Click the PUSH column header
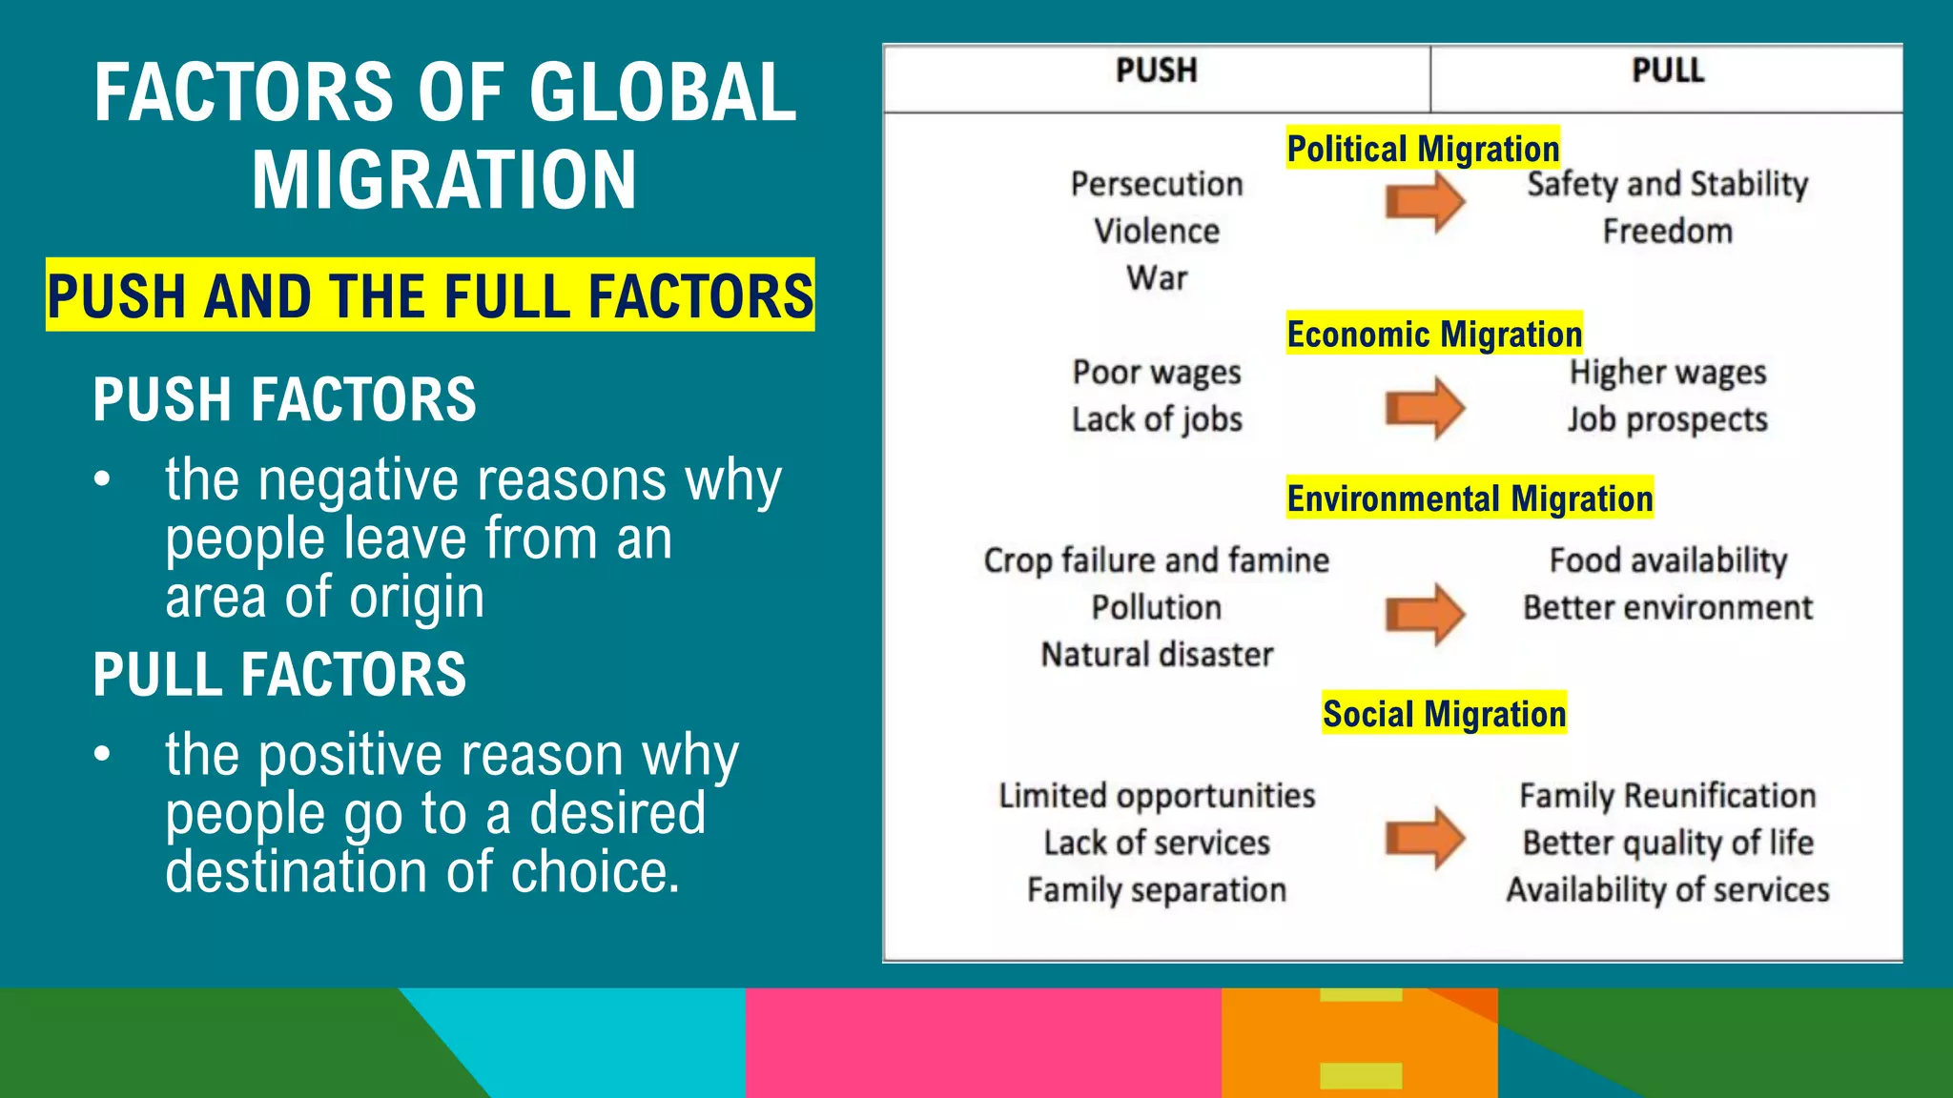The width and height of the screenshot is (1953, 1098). click(1156, 71)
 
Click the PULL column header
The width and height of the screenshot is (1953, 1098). click(1667, 71)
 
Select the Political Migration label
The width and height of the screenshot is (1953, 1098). click(1423, 149)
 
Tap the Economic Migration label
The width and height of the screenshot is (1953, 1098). click(1434, 334)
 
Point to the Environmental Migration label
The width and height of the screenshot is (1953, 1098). click(1470, 498)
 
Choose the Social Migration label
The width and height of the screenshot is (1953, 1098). click(1444, 713)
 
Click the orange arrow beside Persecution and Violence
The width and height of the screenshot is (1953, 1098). click(1425, 201)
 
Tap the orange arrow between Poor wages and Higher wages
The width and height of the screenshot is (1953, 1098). click(1425, 408)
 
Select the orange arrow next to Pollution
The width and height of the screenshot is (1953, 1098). click(1425, 614)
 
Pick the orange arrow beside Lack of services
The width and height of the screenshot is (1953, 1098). click(1425, 839)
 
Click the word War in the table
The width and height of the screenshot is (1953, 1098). click(1157, 278)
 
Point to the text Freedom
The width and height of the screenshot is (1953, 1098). click(1667, 232)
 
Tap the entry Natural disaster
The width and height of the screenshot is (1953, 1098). click(1157, 655)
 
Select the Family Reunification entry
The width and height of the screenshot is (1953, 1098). click(1667, 796)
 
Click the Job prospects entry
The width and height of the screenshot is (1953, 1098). click(1667, 419)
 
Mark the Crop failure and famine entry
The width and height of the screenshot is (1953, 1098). click(1156, 560)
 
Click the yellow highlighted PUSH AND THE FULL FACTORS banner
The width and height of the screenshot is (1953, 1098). click(430, 295)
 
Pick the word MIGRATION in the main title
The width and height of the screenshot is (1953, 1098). click(444, 180)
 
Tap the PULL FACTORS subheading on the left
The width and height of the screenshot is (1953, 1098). click(279, 675)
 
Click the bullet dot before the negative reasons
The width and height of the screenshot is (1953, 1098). click(103, 479)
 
